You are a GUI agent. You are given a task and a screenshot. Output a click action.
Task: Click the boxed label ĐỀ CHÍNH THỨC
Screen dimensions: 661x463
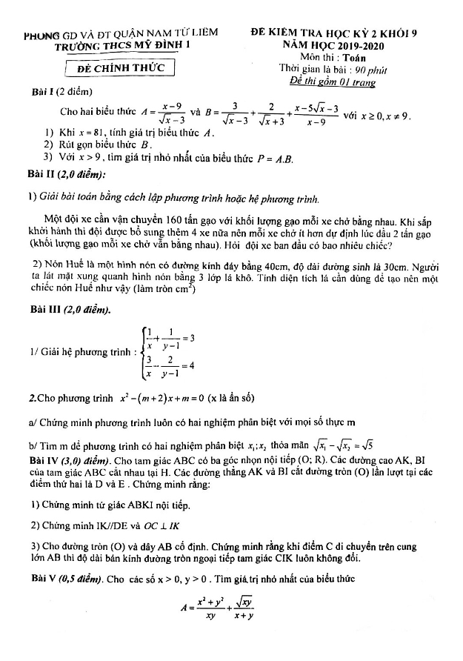(125, 69)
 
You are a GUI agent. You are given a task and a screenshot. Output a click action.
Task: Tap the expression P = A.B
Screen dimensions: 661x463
(278, 157)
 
